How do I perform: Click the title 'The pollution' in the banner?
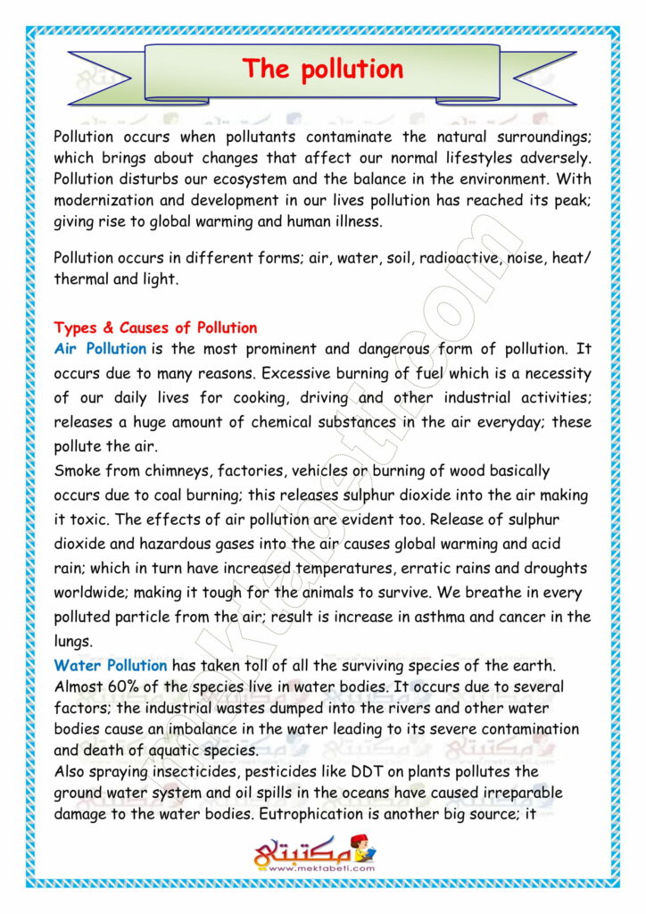coord(323,69)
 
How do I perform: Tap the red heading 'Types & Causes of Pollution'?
coord(155,328)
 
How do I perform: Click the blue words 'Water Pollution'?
coord(111,665)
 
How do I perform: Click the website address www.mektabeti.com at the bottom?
coord(321,867)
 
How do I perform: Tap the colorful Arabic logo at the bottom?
coord(314,849)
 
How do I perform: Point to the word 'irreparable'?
coord(525,793)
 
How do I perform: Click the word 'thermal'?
coord(79,278)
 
